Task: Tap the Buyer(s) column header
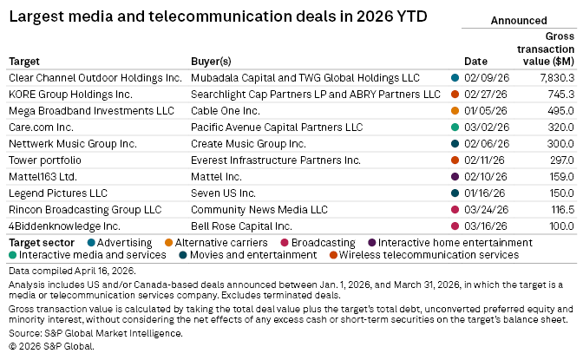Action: [x=211, y=62]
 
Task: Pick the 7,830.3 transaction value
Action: [x=555, y=77]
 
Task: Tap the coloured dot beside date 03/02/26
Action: [x=455, y=127]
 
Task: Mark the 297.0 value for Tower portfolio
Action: [x=561, y=160]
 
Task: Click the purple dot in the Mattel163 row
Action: [x=455, y=176]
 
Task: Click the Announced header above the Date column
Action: [x=518, y=20]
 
